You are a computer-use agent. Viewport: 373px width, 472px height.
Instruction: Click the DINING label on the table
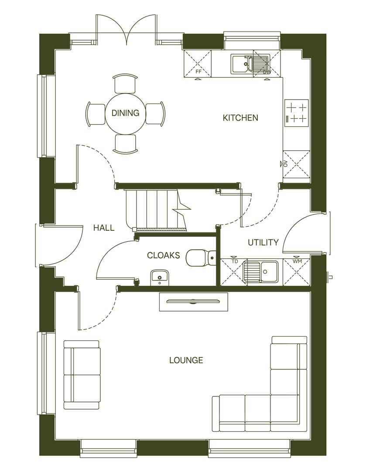tap(125, 113)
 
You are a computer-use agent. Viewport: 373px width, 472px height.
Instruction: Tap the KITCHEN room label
tap(240, 118)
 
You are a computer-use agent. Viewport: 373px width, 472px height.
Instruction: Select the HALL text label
tap(104, 228)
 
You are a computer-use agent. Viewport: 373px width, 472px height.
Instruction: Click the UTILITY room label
tap(263, 243)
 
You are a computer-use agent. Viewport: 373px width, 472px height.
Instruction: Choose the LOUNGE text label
tap(186, 361)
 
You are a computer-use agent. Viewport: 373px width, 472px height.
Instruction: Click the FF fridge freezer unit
tap(198, 63)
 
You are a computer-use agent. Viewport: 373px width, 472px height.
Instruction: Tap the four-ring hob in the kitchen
tap(297, 112)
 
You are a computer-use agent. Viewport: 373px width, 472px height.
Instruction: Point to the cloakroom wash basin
tap(160, 277)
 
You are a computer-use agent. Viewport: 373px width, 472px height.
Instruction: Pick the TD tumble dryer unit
tap(231, 272)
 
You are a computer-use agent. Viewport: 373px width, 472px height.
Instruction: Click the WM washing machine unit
tap(296, 272)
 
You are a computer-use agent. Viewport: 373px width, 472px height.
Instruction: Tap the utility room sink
tap(261, 271)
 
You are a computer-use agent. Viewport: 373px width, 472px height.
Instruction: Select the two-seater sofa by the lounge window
tap(82, 375)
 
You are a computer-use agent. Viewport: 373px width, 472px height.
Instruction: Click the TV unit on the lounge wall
tap(193, 302)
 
